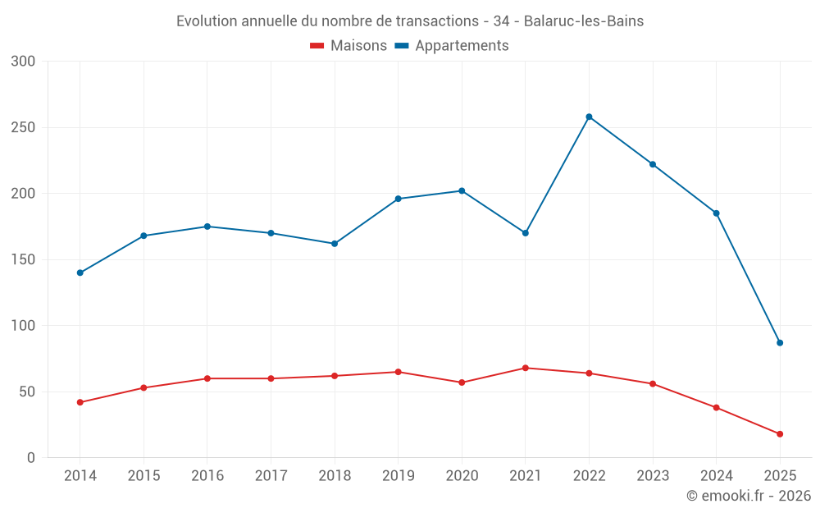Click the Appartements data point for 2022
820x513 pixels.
[x=589, y=117]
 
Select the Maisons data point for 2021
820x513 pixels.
[x=526, y=368]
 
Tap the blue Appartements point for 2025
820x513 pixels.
[x=780, y=342]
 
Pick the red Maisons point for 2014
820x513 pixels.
[x=80, y=402]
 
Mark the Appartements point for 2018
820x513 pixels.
[x=335, y=244]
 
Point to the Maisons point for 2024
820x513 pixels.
[x=716, y=407]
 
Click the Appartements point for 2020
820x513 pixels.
[x=462, y=190]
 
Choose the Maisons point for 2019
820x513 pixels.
[x=399, y=372]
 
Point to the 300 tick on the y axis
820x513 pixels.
[x=24, y=62]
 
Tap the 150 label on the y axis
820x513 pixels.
[x=24, y=259]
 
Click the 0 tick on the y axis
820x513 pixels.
[x=30, y=457]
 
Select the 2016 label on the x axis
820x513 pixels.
[x=207, y=476]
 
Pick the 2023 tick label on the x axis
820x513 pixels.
[x=653, y=476]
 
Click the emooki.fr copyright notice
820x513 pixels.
[x=748, y=496]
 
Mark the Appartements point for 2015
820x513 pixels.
[x=143, y=236]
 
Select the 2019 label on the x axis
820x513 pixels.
[x=399, y=476]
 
